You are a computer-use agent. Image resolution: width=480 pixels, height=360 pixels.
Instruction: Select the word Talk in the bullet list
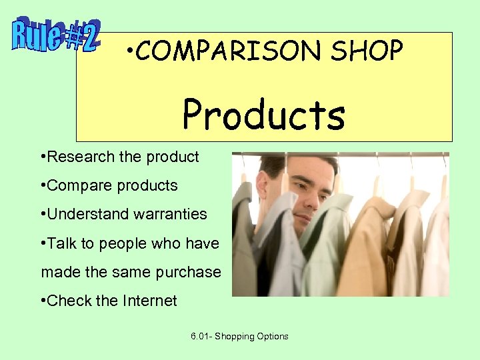pyautogui.click(x=62, y=243)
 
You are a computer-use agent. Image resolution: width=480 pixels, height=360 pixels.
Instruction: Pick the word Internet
pyautogui.click(x=150, y=301)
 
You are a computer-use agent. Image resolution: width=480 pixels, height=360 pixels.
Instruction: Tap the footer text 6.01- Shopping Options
pyautogui.click(x=239, y=337)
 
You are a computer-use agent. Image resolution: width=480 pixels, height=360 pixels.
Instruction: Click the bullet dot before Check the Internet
pyautogui.click(x=43, y=301)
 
